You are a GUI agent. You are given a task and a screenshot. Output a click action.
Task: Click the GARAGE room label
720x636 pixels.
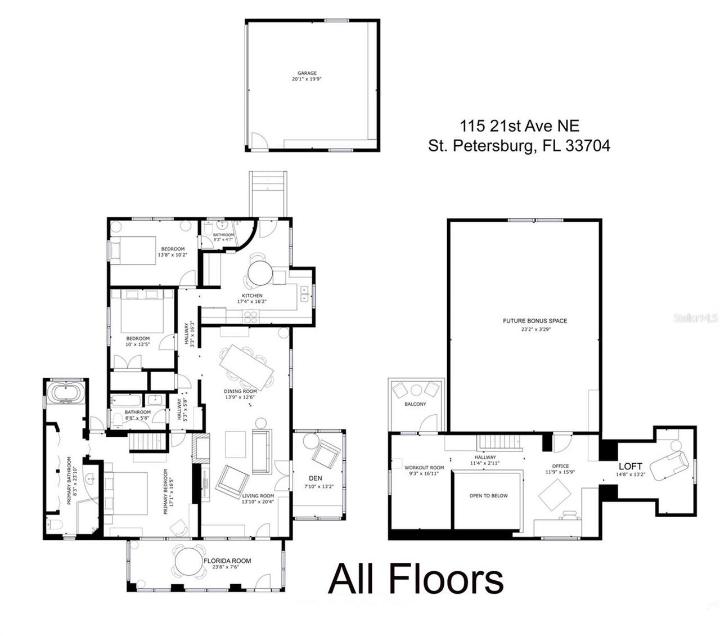[307, 73]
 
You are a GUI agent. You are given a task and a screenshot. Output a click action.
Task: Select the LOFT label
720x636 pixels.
[630, 467]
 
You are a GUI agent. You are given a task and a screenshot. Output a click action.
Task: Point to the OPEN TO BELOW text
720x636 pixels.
[488, 496]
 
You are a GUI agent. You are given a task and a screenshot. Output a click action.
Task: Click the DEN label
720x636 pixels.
[316, 478]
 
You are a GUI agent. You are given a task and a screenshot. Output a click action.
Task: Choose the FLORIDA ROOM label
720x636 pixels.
[227, 561]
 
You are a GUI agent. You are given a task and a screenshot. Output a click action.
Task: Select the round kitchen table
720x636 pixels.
[260, 275]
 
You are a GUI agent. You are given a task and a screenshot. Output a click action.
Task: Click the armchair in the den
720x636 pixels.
[327, 454]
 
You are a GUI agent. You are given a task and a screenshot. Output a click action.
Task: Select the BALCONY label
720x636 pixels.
[415, 404]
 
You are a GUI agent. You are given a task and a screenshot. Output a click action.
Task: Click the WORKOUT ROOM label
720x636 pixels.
[424, 468]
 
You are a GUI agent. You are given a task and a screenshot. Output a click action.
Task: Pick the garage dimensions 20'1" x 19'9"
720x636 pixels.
[307, 80]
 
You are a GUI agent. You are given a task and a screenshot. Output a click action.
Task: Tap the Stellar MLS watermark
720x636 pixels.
[696, 318]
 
